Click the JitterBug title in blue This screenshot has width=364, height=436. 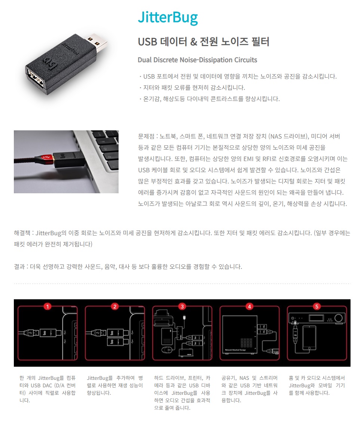coord(168,18)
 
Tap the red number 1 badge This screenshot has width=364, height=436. coord(48,306)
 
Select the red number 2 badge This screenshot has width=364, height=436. coord(115,306)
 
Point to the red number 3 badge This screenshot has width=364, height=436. coord(182,306)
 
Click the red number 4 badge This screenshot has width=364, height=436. coord(249,306)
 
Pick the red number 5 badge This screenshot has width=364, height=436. coord(317,306)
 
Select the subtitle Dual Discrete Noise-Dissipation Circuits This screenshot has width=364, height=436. coord(198,60)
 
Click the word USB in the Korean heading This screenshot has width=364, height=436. coord(147,42)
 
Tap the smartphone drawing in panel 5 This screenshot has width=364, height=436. coord(309,338)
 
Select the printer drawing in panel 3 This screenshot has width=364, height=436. coord(162,317)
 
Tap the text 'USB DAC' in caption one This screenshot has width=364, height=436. coord(42,385)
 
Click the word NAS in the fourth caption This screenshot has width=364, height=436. coord(244,378)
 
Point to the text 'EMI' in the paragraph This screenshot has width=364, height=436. coord(248,159)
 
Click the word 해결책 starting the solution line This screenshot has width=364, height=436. coord(22,233)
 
